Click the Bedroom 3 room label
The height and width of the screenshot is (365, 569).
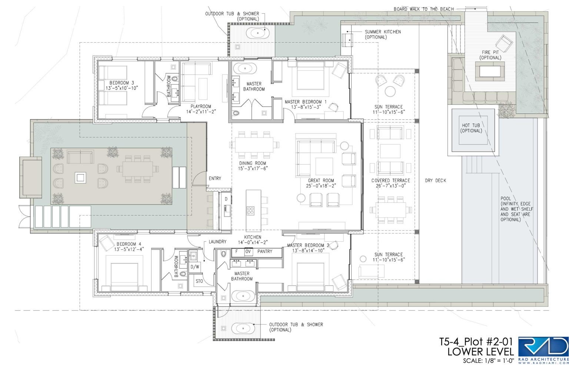(122, 85)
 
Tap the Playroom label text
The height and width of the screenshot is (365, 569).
(201, 109)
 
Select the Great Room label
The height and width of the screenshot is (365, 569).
(321, 183)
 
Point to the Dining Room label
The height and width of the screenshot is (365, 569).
(253, 166)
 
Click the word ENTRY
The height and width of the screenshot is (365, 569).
(215, 179)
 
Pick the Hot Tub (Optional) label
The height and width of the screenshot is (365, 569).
(471, 128)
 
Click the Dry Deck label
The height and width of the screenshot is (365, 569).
(436, 180)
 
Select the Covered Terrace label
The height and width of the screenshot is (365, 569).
(391, 183)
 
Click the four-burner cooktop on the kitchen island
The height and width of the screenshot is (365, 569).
(250, 211)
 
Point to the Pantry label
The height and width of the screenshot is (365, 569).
(265, 251)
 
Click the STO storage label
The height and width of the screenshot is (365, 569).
(199, 281)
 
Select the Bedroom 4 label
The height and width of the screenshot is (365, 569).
(129, 246)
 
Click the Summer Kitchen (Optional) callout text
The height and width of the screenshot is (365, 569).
(383, 34)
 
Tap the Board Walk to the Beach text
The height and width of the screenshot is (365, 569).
(424, 9)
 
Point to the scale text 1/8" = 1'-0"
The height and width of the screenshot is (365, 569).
(489, 361)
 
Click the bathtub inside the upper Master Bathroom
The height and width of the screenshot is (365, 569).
(245, 69)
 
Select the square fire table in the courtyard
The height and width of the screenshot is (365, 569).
(80, 177)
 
